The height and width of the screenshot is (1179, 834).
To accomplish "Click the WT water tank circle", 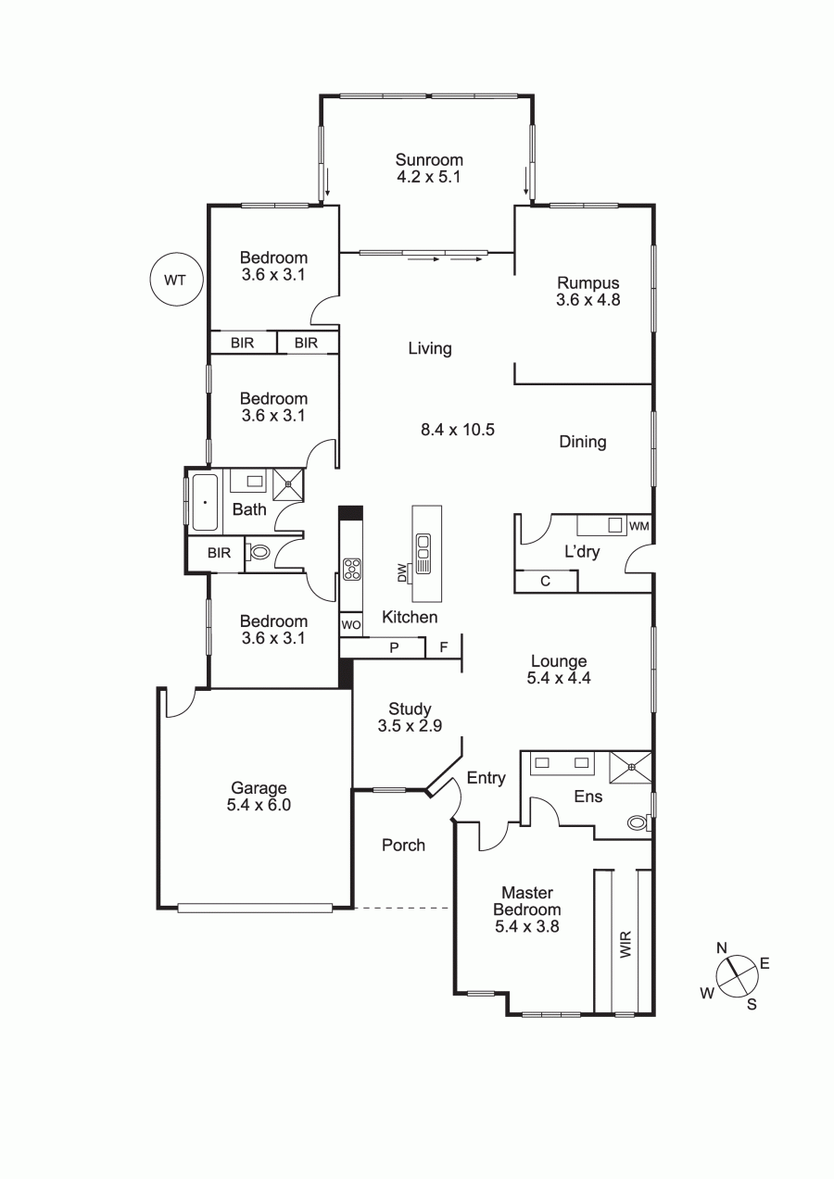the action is [x=175, y=280].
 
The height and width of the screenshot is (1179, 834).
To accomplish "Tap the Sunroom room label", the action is [x=429, y=159].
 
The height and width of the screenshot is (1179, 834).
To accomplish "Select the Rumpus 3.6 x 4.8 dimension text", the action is [x=588, y=300].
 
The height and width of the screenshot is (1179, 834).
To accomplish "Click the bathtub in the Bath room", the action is [x=205, y=502].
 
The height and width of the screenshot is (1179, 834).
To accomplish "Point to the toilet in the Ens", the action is [x=638, y=822].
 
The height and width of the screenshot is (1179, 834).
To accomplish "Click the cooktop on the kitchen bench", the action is [x=351, y=569].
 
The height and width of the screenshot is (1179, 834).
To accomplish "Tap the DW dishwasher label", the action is [x=402, y=573].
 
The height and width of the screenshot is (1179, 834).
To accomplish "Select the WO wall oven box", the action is [x=351, y=625].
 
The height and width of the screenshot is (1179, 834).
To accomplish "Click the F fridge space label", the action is [x=444, y=646].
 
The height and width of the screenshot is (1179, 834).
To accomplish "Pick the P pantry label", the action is [x=394, y=648].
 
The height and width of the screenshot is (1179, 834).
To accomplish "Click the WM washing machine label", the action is [x=639, y=525].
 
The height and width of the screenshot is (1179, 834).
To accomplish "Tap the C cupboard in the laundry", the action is [x=546, y=581].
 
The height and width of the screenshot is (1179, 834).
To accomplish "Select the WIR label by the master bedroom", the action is [x=625, y=944].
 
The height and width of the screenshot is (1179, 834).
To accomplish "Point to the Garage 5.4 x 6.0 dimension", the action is [x=259, y=806].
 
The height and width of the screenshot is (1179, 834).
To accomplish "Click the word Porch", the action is [x=403, y=846].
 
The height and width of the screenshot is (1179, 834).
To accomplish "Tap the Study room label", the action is [x=410, y=709].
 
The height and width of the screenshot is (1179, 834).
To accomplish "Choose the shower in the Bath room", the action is [x=288, y=483].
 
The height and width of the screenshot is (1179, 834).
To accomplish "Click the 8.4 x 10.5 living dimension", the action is [x=458, y=430].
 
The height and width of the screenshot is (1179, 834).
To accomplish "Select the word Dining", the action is [x=583, y=442].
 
